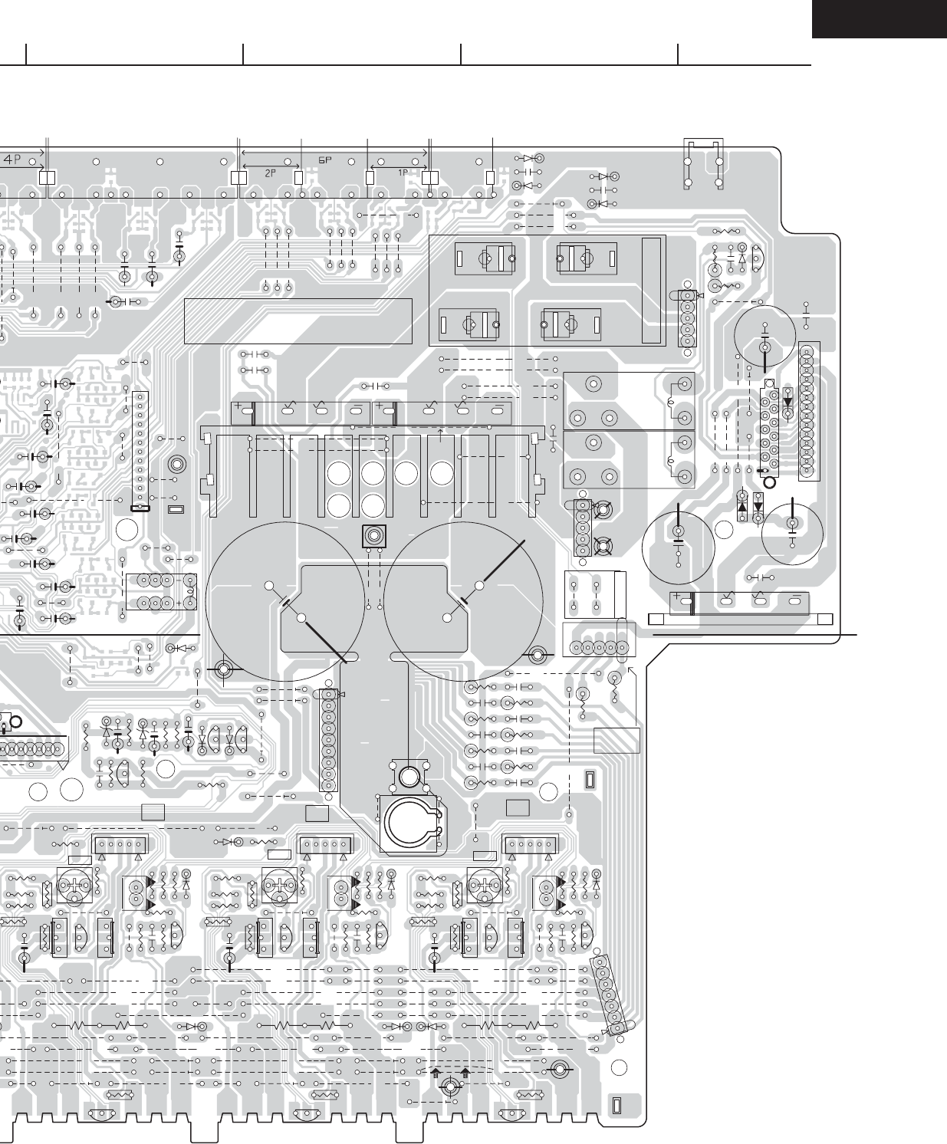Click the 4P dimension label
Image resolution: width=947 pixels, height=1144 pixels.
(x=13, y=159)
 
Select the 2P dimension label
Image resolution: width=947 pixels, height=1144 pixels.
(x=270, y=173)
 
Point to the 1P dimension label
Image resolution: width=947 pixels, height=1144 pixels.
(x=403, y=173)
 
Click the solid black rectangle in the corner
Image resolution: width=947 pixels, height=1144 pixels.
(x=879, y=18)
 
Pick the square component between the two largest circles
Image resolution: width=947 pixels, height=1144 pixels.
(x=373, y=536)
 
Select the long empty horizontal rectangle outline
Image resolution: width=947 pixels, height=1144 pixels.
(x=298, y=321)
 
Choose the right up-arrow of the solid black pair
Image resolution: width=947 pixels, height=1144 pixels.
(x=465, y=1073)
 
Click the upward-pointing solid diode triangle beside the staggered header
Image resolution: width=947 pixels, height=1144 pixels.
(x=742, y=507)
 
